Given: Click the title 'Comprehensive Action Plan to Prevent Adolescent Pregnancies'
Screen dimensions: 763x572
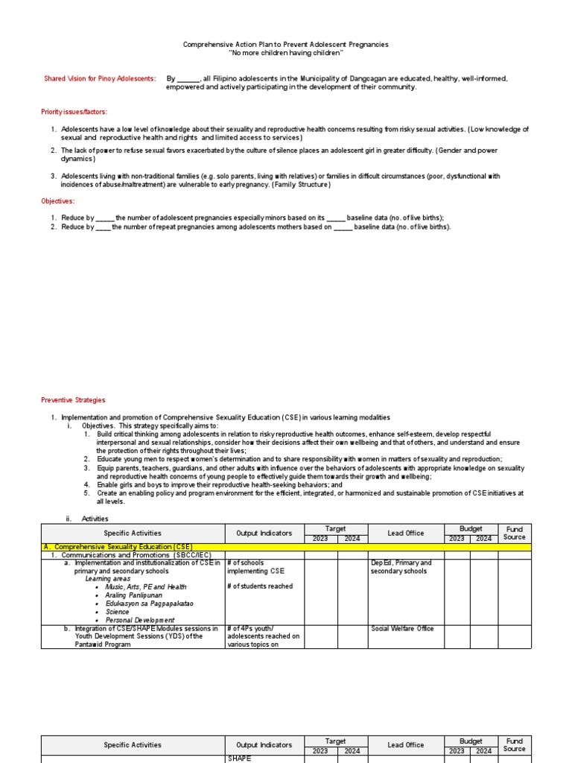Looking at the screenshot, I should coord(286,45).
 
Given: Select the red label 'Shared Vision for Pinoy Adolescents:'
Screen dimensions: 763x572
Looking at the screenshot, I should coord(100,78).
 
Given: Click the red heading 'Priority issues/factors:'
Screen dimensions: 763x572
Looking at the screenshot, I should coord(74,112).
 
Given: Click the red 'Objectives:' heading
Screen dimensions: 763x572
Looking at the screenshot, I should coord(57,201).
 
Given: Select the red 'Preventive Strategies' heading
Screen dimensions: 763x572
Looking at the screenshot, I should coord(73,400).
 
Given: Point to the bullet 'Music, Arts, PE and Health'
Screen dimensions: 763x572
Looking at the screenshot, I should coord(146,587).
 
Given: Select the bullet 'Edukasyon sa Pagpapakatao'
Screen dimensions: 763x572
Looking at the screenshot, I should coord(148,604).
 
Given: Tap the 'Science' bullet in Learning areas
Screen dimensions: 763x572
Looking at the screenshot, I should coord(118,612).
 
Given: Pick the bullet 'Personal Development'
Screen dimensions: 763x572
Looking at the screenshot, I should coord(140,620).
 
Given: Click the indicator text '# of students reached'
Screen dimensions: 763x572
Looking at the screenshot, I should coord(260,586).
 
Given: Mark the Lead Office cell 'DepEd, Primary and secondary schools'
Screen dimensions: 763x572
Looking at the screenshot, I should coord(401,567).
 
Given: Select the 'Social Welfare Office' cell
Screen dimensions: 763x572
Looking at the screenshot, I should coord(403,629).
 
